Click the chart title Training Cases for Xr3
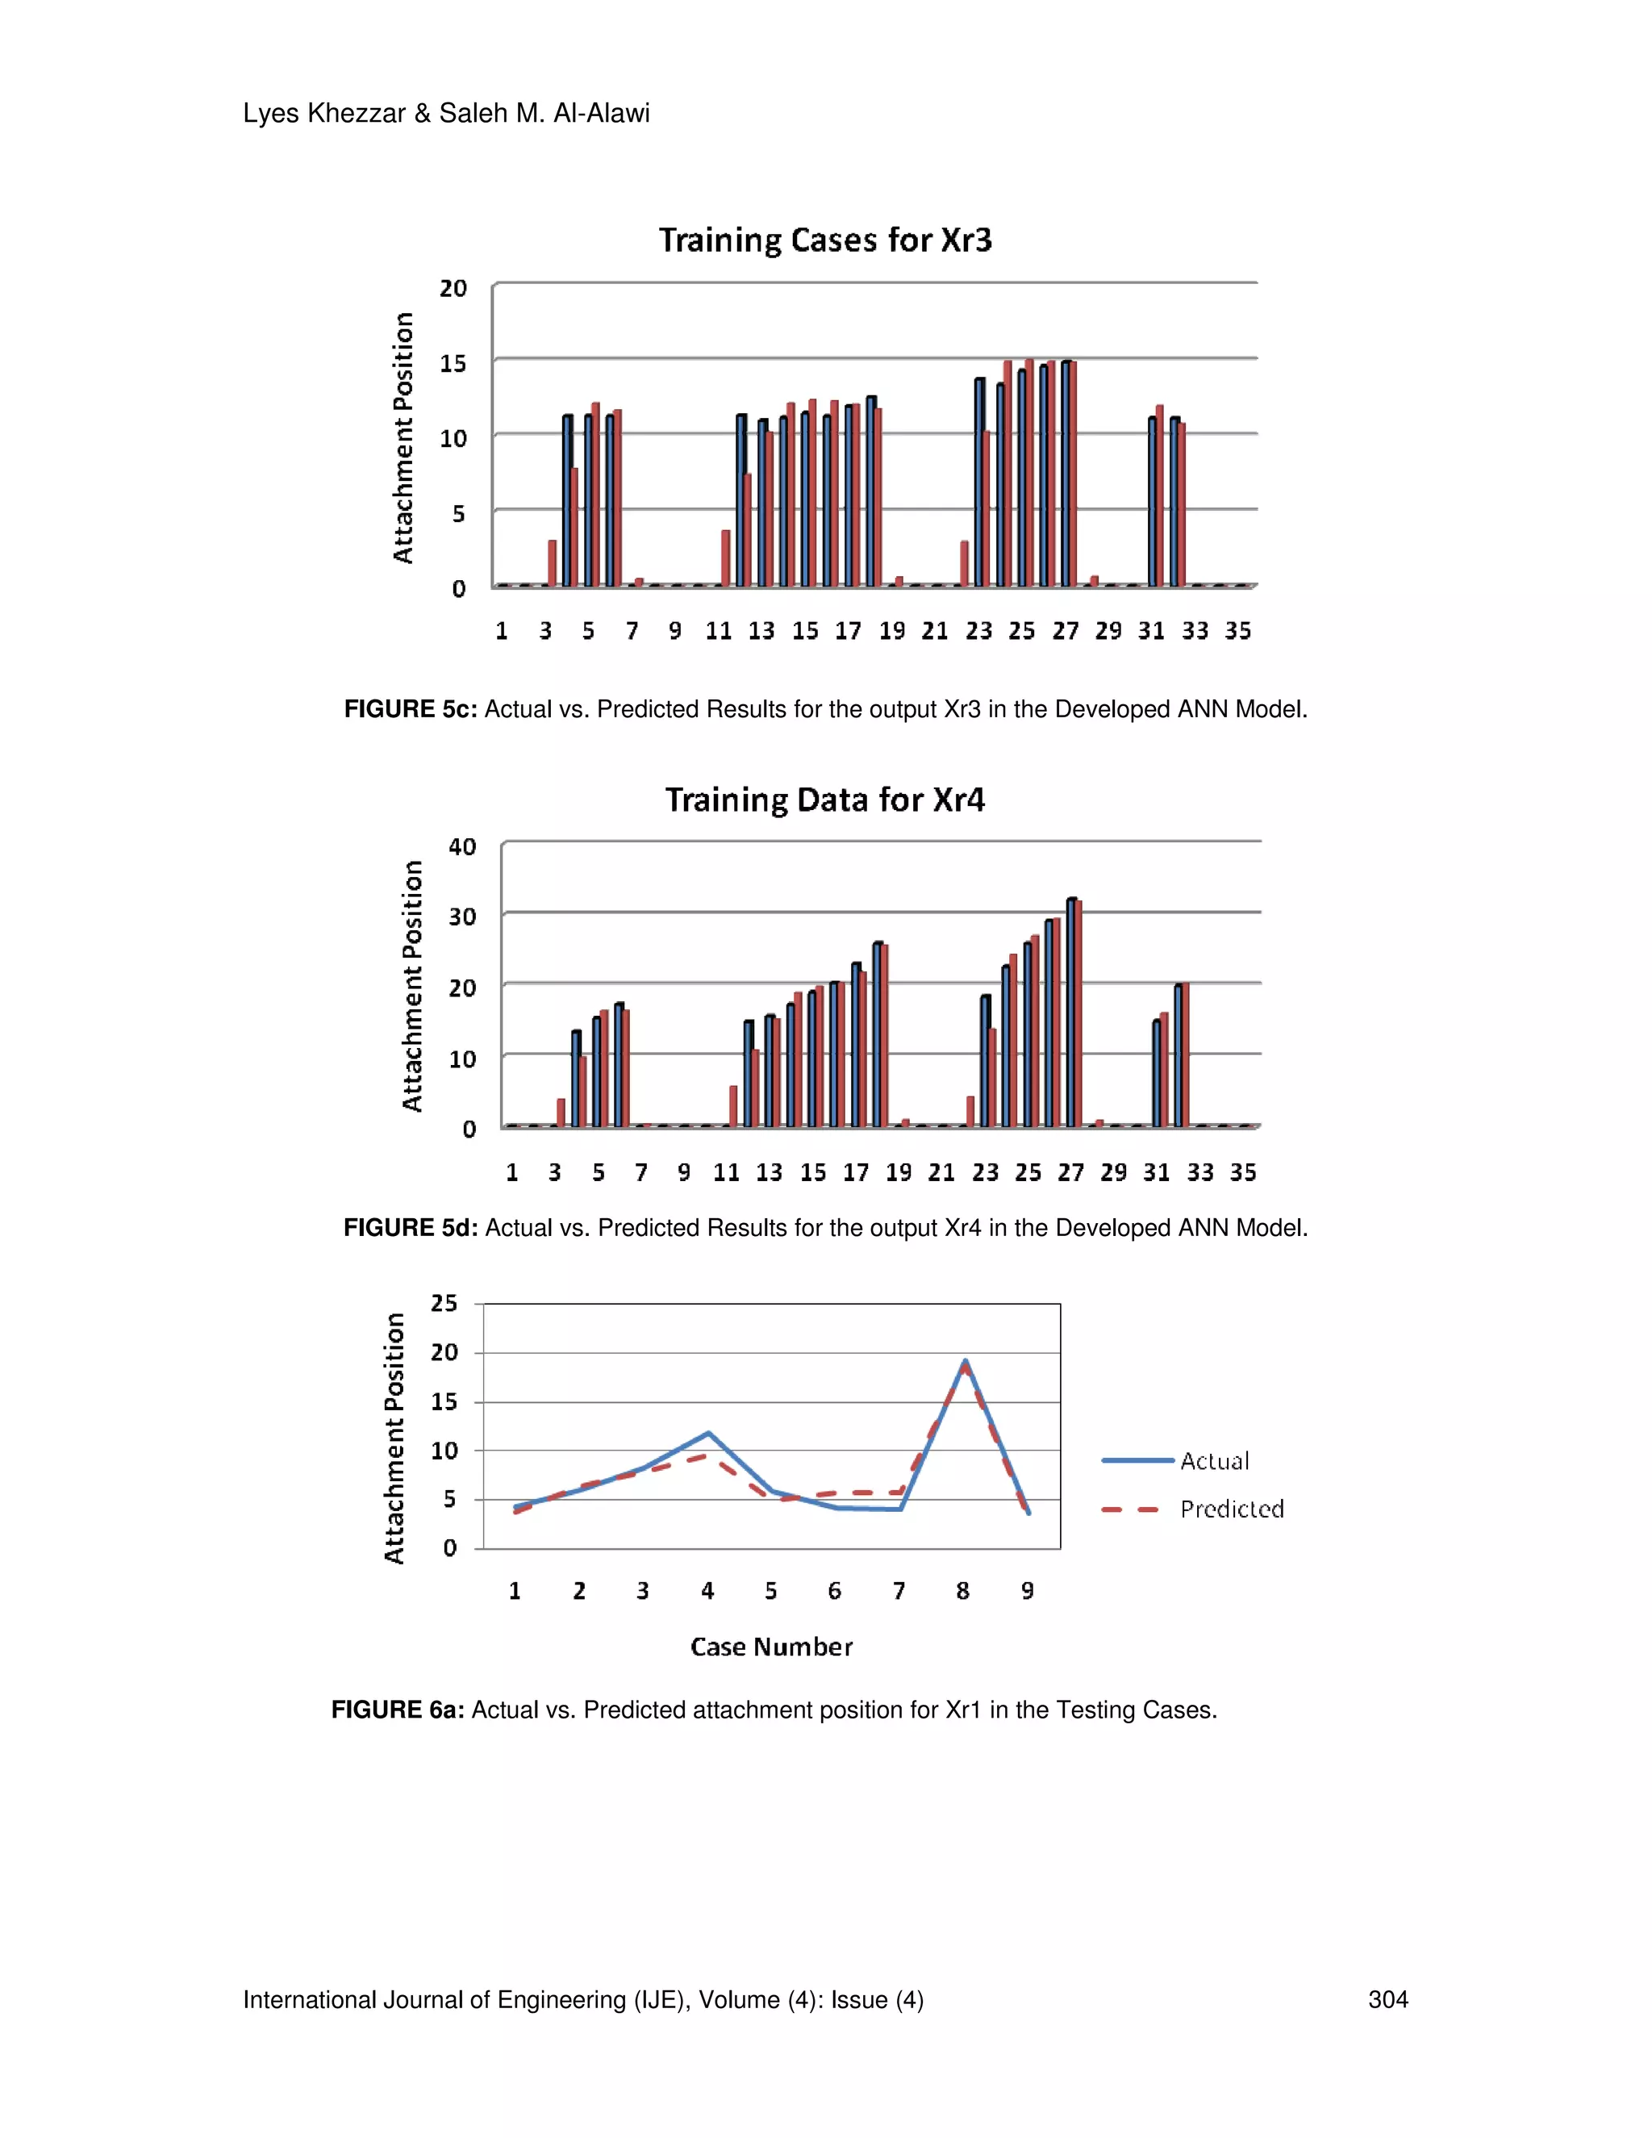825,240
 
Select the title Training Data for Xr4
825,800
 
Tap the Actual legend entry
1213,1460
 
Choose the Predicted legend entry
1231,1509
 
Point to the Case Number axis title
771,1647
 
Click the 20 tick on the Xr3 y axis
453,289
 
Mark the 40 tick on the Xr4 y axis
462,847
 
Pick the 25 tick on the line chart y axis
444,1303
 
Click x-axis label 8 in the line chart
963,1591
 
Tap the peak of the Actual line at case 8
965,1361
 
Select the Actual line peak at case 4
707,1433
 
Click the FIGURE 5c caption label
410,708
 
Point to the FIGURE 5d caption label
410,1228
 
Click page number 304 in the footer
1387,1999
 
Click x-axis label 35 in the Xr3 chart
1238,632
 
